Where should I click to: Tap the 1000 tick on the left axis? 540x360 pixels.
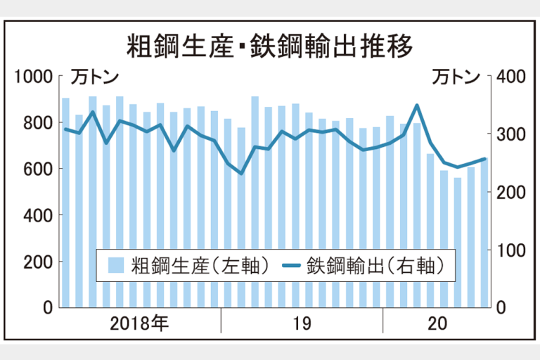(34, 77)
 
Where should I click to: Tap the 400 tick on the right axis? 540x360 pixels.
(508, 77)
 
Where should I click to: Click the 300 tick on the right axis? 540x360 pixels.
(508, 134)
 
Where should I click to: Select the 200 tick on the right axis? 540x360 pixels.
(508, 192)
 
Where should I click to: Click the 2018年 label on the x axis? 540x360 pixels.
(140, 324)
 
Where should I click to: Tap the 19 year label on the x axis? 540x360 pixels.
(302, 324)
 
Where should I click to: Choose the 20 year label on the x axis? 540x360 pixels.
(437, 324)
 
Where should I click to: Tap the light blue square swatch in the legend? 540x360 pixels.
(117, 266)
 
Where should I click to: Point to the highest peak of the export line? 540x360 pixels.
(417, 106)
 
